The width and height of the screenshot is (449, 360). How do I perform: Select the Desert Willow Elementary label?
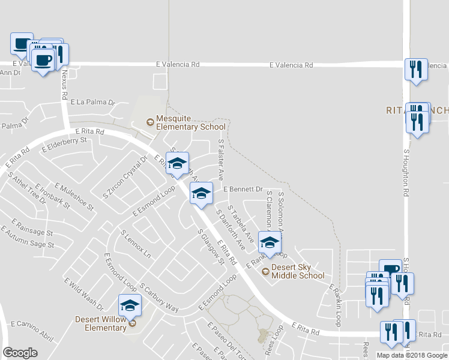click(x=100, y=323)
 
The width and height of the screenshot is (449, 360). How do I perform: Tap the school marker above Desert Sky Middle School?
click(x=270, y=242)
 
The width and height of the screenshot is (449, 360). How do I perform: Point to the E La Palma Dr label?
click(x=92, y=103)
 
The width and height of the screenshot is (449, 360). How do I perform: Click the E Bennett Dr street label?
click(x=243, y=189)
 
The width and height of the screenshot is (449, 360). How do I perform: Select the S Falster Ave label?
click(x=221, y=160)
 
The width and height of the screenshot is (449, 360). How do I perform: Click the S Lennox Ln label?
click(x=136, y=243)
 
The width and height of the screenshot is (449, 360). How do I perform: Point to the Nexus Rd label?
click(x=64, y=83)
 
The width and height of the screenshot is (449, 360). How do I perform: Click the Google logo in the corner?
click(x=20, y=353)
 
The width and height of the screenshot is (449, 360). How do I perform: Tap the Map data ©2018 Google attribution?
click(x=412, y=355)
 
